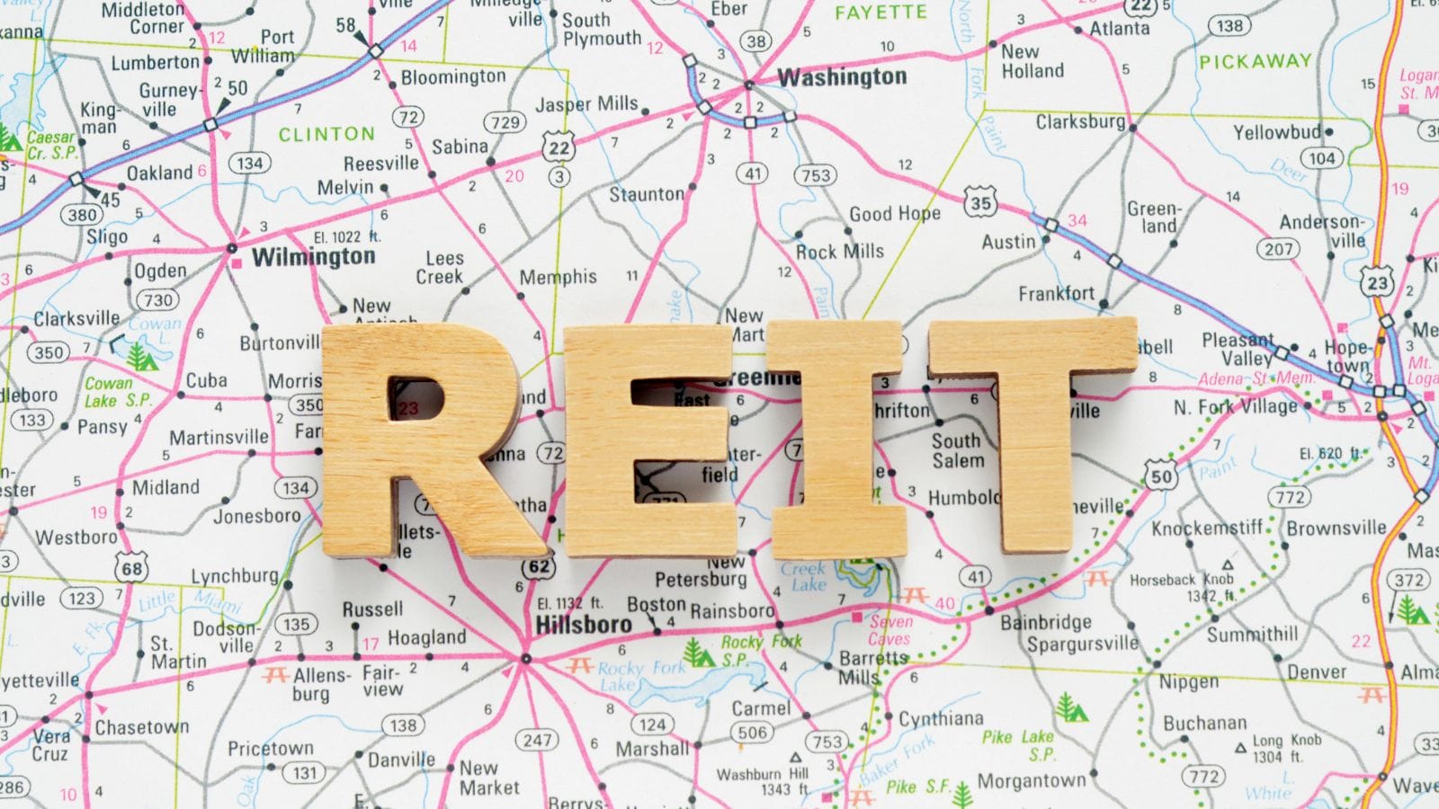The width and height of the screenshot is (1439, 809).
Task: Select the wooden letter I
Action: click(836, 440)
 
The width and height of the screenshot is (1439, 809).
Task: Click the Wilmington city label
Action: click(313, 258)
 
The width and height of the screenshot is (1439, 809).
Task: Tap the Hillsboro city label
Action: click(584, 624)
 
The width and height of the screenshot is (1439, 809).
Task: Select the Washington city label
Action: click(842, 77)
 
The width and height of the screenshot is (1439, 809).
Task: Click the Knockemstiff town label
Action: click(1207, 528)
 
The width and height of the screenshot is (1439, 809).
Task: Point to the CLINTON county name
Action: click(326, 135)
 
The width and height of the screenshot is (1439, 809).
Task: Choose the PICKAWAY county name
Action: click(1256, 62)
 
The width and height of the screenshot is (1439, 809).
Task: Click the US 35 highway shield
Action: click(980, 203)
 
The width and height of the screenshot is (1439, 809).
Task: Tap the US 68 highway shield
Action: click(132, 568)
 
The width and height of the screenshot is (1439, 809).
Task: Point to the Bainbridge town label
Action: click(1046, 622)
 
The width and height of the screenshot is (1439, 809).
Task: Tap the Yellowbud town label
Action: click(1276, 132)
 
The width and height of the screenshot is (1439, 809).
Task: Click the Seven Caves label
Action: click(890, 630)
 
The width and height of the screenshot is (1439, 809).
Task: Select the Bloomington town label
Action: click(453, 77)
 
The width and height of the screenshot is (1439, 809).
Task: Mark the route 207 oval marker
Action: click(1278, 249)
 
